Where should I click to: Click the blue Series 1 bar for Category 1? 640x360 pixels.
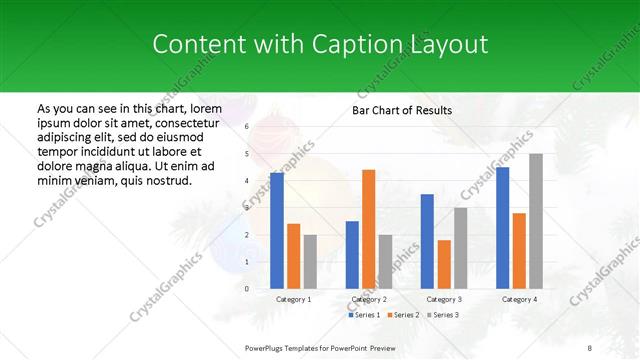pyautogui.click(x=277, y=231)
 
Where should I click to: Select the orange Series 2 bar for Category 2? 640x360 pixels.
pyautogui.click(x=369, y=229)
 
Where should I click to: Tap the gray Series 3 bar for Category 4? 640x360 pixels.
pyautogui.click(x=536, y=221)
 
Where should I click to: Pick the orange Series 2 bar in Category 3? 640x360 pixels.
pyautogui.click(x=444, y=264)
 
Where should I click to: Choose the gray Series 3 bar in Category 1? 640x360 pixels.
pyautogui.click(x=310, y=262)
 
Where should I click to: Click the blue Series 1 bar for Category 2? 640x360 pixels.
pyautogui.click(x=352, y=255)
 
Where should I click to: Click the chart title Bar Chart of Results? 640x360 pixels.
pyautogui.click(x=402, y=110)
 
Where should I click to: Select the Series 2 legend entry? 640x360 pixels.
pyautogui.click(x=403, y=315)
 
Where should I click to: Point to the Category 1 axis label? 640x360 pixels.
pyautogui.click(x=293, y=299)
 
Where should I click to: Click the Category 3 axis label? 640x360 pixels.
pyautogui.click(x=444, y=299)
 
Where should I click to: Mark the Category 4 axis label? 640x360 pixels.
pyautogui.click(x=519, y=299)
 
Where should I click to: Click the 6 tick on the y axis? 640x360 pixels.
pyautogui.click(x=247, y=127)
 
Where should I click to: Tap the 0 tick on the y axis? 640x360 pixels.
pyautogui.click(x=247, y=289)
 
